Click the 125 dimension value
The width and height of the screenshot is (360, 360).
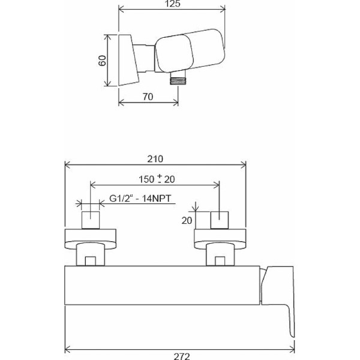coord(173,5)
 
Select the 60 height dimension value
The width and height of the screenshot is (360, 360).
coord(102,60)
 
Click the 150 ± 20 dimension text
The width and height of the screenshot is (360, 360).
coord(155,179)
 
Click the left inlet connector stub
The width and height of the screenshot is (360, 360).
coord(89,220)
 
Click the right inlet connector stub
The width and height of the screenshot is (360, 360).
coord(220,220)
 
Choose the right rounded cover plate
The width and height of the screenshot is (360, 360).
coord(220,239)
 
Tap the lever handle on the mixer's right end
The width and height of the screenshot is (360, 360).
coord(279,288)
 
